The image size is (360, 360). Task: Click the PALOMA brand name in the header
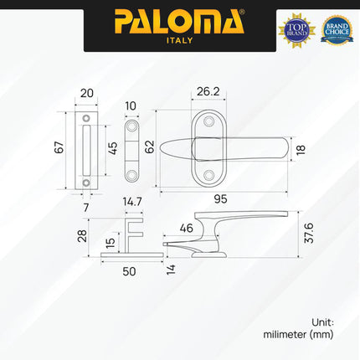tap(179, 20)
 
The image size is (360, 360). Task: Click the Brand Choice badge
tap(337, 28)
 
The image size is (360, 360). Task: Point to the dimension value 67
tap(59, 148)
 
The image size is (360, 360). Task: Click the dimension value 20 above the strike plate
tap(87, 95)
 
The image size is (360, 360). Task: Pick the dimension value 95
tap(220, 199)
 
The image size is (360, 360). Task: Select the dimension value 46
tap(186, 228)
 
